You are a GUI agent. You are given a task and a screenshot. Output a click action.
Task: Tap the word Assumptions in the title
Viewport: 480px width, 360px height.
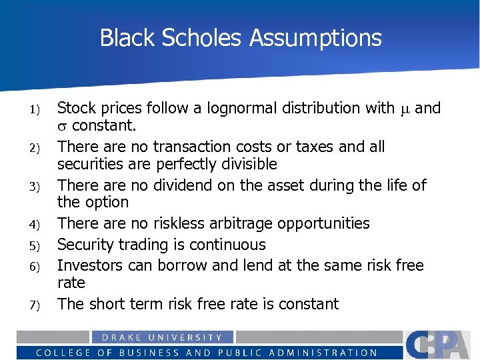click(315, 38)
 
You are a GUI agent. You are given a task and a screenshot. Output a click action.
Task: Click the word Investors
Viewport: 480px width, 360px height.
click(89, 265)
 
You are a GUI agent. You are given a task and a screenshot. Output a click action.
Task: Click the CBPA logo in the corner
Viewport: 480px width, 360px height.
click(440, 345)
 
